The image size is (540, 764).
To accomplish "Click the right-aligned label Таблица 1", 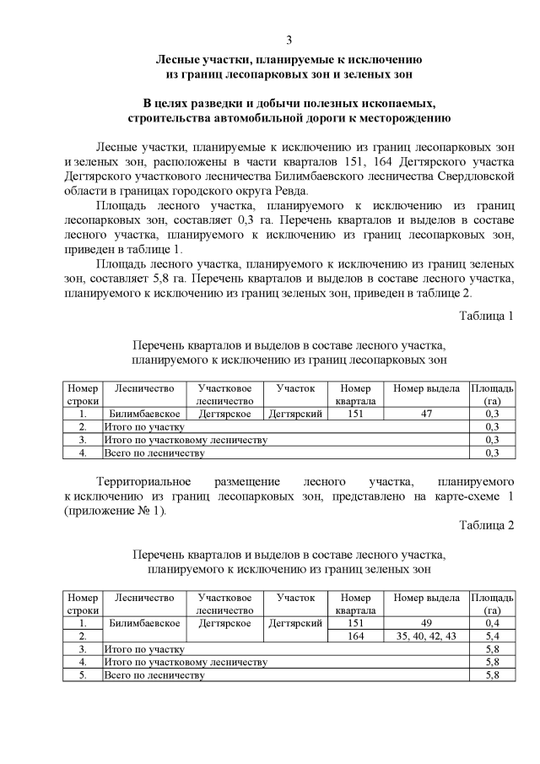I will click(x=486, y=316).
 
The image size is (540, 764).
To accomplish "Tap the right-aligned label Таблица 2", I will click(x=486, y=525).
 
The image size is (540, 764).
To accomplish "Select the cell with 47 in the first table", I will click(x=426, y=415).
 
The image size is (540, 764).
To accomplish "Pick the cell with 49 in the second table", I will click(x=426, y=623).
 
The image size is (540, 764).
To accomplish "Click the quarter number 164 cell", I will click(x=355, y=636).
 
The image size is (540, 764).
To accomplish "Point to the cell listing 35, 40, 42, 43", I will click(x=426, y=636).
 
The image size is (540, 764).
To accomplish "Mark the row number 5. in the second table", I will click(x=83, y=675).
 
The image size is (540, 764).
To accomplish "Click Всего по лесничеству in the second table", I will click(x=154, y=675).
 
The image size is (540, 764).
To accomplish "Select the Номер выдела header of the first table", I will click(x=426, y=388).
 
